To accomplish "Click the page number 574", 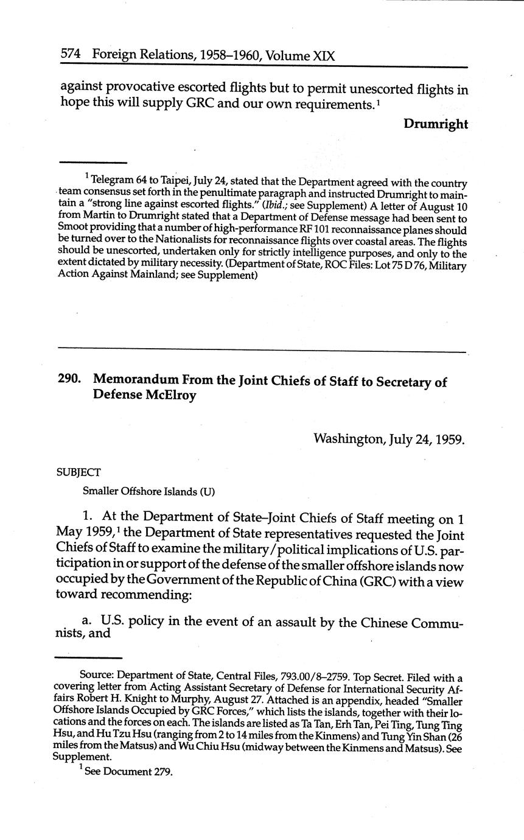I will coord(72,55).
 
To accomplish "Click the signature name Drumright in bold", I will coord(435,124).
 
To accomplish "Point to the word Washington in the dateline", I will coord(349,438).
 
